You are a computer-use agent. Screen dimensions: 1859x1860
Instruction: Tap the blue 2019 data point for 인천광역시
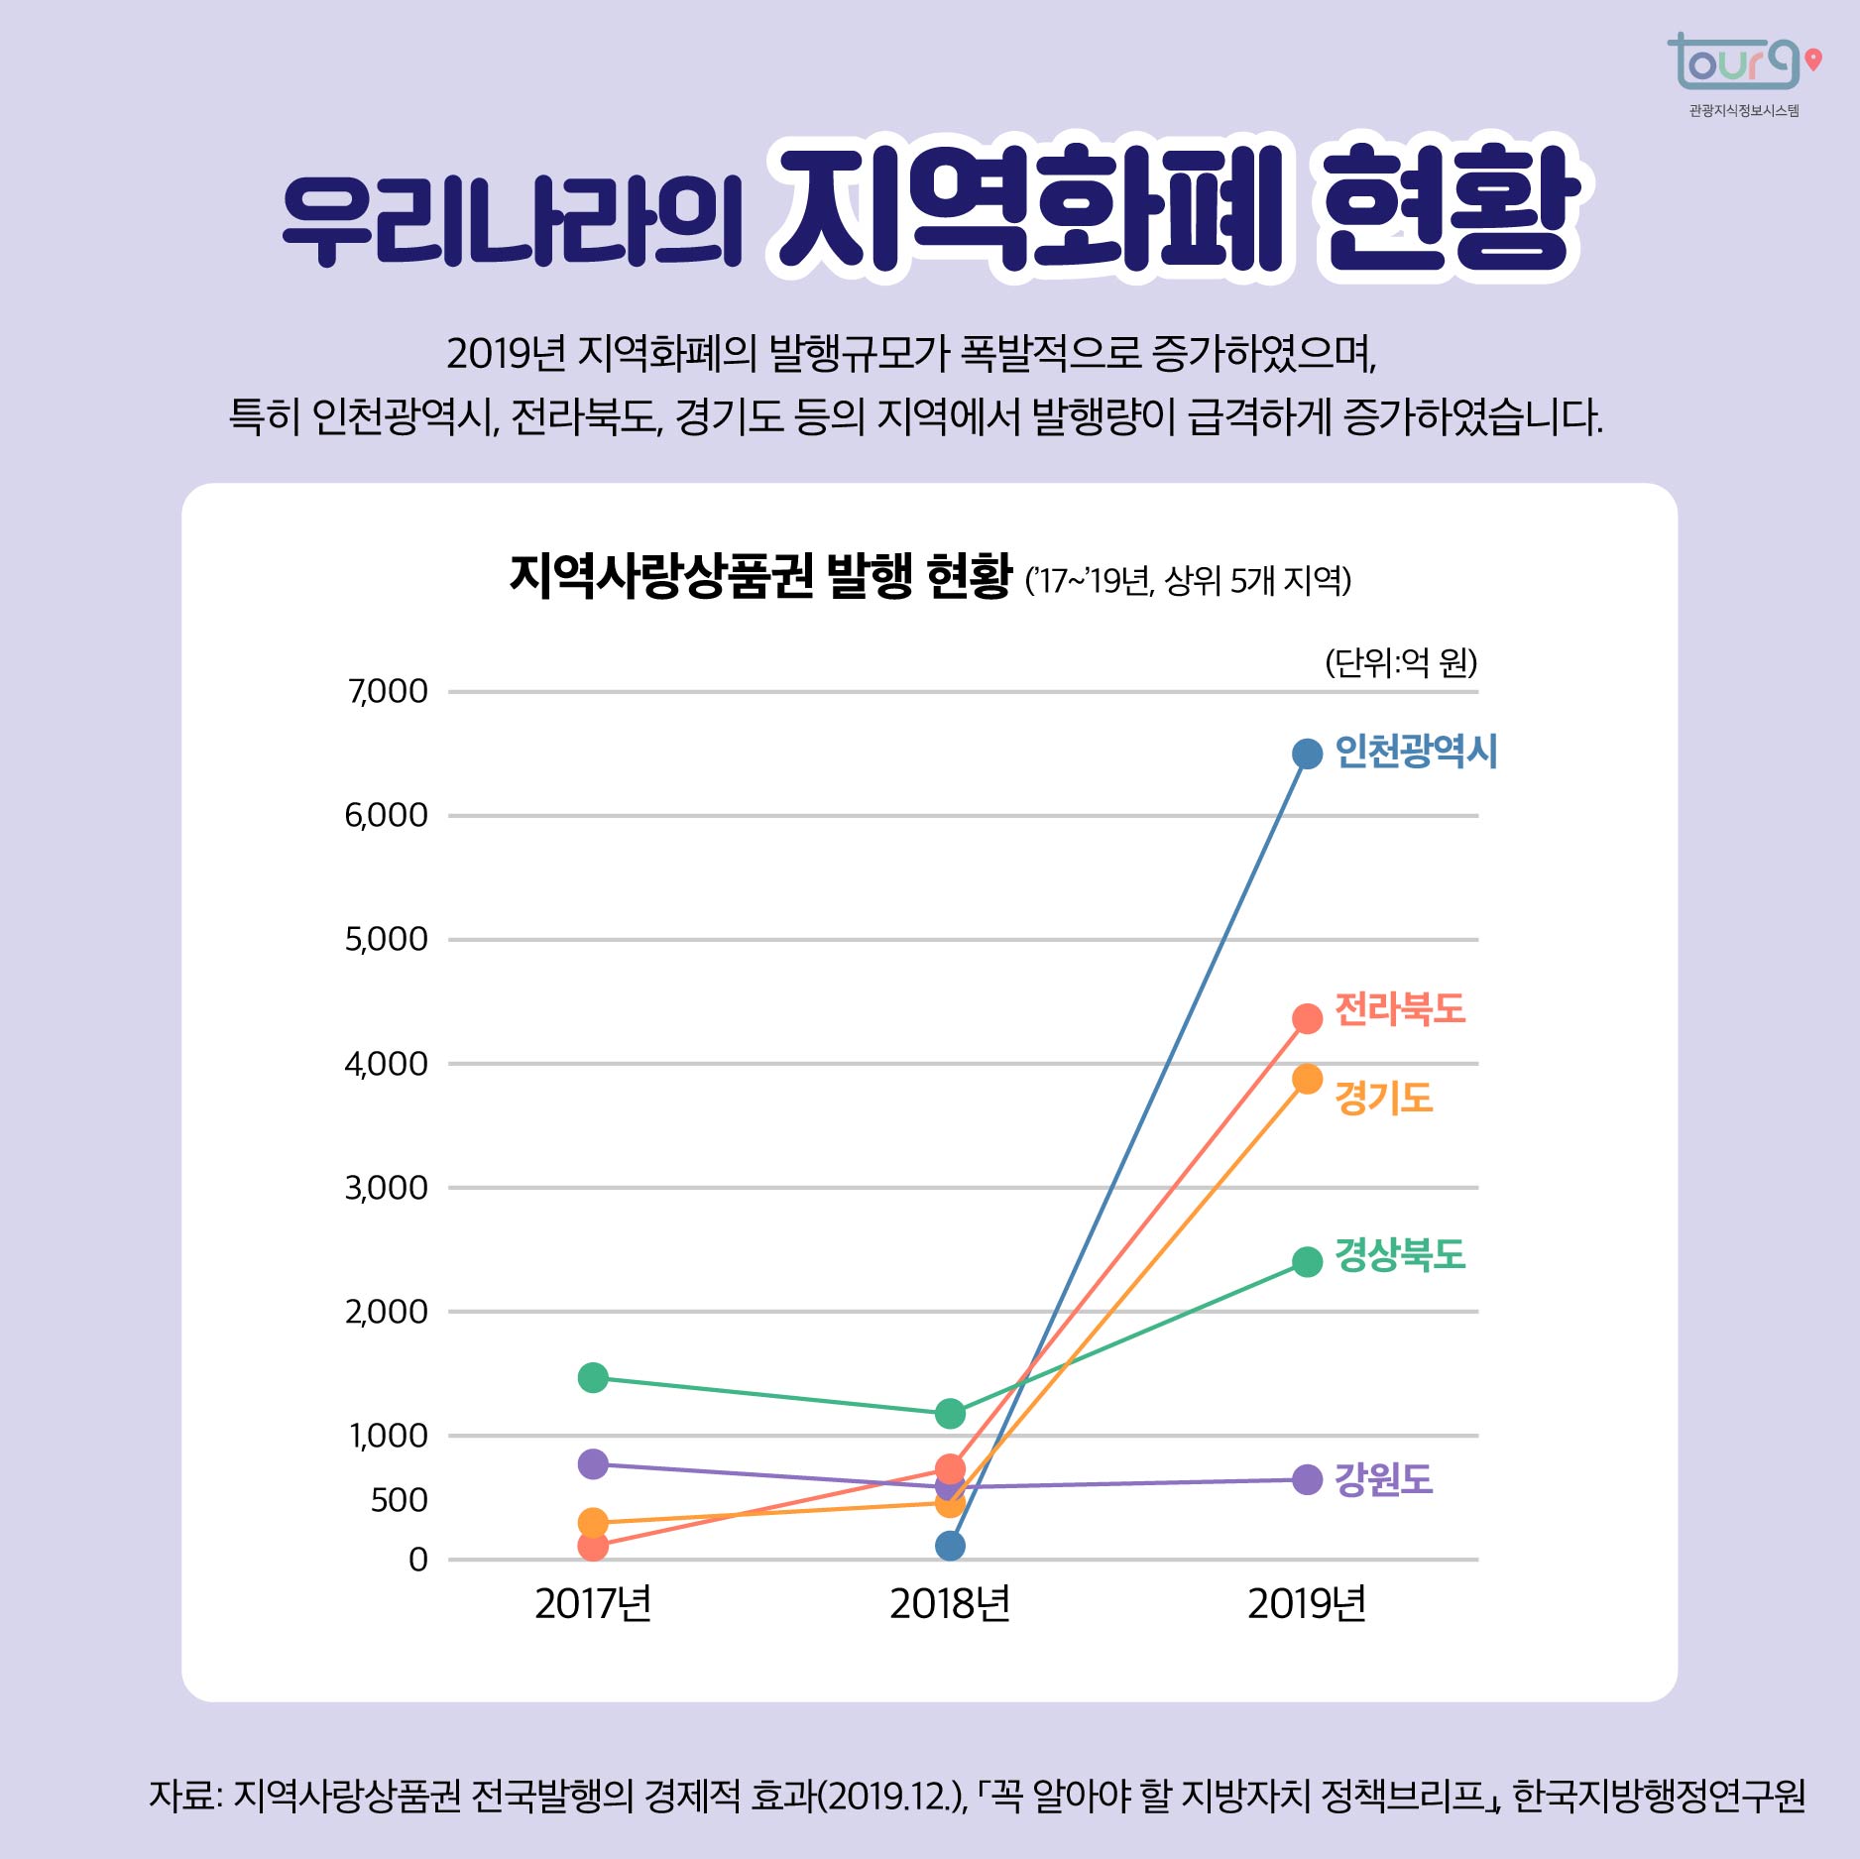click(x=1307, y=754)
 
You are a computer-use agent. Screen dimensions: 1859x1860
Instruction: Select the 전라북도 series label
click(x=1399, y=1009)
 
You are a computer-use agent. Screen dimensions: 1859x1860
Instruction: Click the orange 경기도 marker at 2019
click(x=1307, y=1079)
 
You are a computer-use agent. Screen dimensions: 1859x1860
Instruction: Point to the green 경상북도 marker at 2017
click(x=593, y=1377)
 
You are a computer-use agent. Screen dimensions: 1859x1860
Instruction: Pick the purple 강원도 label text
click(x=1383, y=1479)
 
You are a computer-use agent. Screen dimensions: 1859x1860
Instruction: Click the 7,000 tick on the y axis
click(x=388, y=691)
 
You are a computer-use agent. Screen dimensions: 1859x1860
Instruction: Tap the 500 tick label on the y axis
click(x=399, y=1500)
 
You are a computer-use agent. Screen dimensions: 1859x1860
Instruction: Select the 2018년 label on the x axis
click(x=949, y=1603)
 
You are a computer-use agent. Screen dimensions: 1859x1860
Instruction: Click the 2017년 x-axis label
click(x=593, y=1603)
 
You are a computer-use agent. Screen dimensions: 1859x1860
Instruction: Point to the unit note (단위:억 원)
click(x=1400, y=662)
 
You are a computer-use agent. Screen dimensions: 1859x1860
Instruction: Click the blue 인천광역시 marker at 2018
click(x=950, y=1546)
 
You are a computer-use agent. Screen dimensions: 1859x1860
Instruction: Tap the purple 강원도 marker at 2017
click(x=593, y=1463)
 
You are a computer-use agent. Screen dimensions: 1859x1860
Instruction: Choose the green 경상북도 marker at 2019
click(x=1307, y=1261)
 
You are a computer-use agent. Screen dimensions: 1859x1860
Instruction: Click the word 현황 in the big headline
click(x=1450, y=210)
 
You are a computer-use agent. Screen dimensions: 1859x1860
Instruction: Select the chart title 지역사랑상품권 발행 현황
click(x=760, y=577)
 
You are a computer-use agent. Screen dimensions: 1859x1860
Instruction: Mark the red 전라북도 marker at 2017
click(x=593, y=1546)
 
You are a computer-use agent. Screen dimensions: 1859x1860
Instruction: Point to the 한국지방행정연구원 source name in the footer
click(x=1658, y=1796)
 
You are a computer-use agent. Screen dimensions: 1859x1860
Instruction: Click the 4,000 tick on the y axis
click(x=386, y=1064)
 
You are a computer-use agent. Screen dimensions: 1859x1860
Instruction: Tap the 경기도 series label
click(x=1383, y=1098)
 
